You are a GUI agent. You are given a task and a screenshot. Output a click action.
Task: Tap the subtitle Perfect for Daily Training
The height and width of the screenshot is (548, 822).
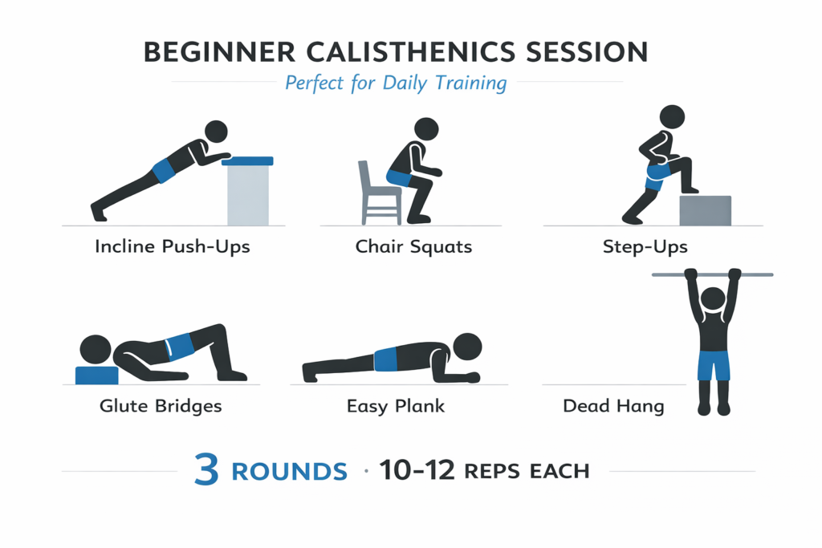point(396,83)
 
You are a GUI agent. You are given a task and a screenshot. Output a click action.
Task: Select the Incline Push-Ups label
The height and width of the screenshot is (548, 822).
point(172,246)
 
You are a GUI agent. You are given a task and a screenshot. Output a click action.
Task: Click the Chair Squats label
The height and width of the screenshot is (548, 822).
point(413,246)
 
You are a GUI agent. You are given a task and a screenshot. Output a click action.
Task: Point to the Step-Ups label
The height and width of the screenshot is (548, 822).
point(645,246)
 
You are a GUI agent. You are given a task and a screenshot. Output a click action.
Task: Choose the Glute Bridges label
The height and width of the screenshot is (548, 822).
point(161,406)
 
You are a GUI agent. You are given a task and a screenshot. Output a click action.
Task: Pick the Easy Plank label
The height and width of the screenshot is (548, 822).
point(397,406)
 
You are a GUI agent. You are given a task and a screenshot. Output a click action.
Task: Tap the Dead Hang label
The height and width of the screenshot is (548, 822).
point(613,406)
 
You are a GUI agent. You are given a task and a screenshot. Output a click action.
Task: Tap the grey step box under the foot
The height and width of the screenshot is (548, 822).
point(706,210)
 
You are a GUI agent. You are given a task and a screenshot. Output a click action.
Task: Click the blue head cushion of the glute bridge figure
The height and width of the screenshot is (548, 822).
point(96,375)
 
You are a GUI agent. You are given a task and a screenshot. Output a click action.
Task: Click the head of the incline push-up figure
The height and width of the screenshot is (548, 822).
point(216,132)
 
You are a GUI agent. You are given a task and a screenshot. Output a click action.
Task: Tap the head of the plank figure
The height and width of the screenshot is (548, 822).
point(467,347)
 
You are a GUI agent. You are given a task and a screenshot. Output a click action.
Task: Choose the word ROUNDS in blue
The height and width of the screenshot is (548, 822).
point(289,472)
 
